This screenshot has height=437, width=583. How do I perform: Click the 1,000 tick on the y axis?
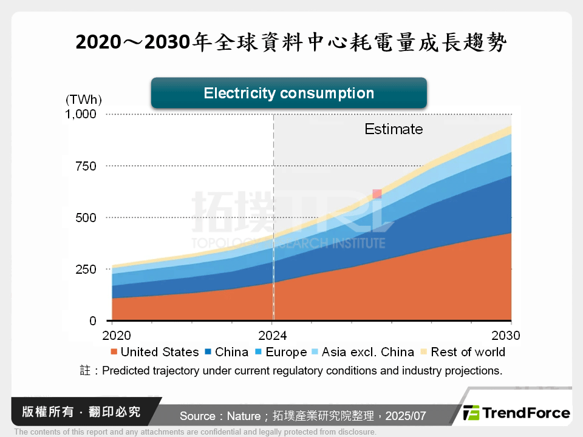pos(81,114)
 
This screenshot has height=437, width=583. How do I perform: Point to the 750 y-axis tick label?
pos(85,166)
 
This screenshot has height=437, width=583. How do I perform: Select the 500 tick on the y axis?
pos(85,217)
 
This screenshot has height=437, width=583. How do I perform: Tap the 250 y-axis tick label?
pos(85,269)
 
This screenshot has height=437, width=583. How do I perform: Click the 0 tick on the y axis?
pos(92,320)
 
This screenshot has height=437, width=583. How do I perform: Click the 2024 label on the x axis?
pos(273,335)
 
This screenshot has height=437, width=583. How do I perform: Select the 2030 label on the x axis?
pos(506,335)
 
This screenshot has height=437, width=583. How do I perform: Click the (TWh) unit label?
pos(84,100)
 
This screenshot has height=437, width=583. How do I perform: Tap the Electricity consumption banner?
pos(288,93)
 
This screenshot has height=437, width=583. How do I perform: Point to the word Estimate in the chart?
pos(394,129)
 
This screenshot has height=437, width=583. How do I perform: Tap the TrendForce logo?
pos(516,413)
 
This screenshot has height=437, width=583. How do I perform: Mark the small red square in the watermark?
pos(377,194)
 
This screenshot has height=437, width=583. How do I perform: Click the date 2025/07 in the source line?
pos(406,416)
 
